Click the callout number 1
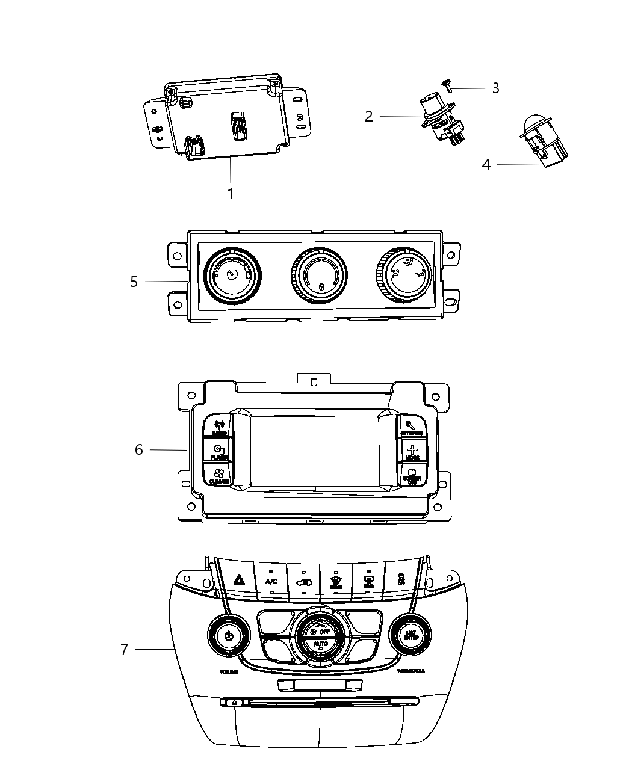[x=229, y=194]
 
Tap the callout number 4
[x=486, y=164]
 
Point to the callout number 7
[x=124, y=649]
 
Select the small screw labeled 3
[x=447, y=87]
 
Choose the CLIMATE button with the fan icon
[x=218, y=475]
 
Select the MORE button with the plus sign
[x=412, y=451]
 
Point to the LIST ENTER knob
[x=410, y=634]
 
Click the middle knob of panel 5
[x=318, y=277]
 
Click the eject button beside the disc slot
[x=233, y=702]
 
